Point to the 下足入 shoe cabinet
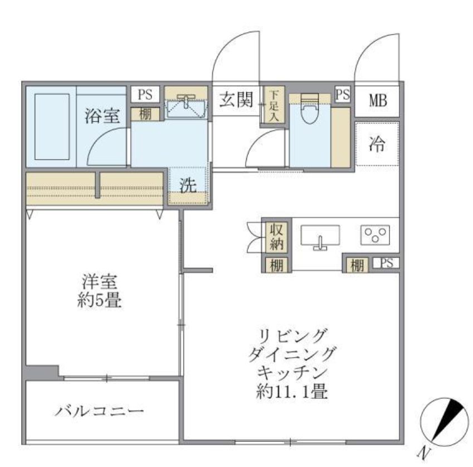click(x=274, y=105)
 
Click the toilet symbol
click(x=308, y=112)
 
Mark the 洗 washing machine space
click(x=188, y=186)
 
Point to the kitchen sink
click(x=320, y=237)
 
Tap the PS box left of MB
click(x=343, y=94)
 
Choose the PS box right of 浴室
click(x=145, y=94)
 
